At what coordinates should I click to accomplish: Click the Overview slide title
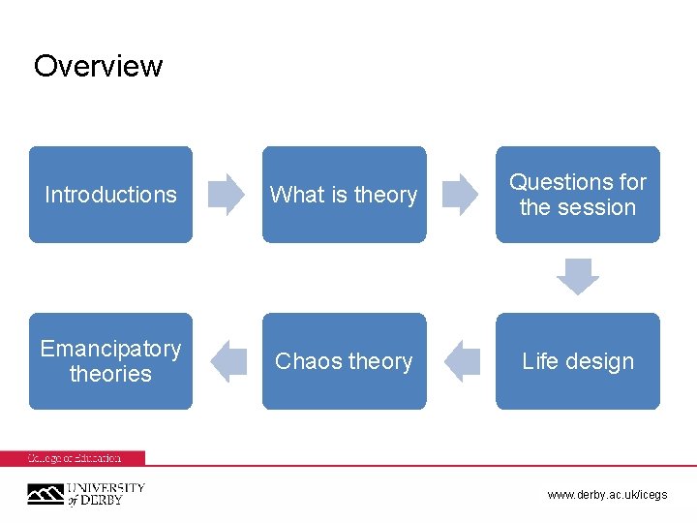[x=98, y=66]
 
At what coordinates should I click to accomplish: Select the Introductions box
[x=110, y=195]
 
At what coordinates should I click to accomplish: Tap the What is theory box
[x=344, y=195]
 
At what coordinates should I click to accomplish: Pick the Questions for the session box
[x=578, y=195]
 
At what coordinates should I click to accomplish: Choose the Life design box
[x=578, y=361]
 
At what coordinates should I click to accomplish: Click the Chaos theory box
[x=344, y=361]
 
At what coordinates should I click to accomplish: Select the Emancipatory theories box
[x=110, y=361]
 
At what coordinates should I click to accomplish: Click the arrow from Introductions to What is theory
[x=227, y=194]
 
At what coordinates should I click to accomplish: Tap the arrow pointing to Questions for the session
[x=461, y=194]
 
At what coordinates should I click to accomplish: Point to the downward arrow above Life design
[x=578, y=277]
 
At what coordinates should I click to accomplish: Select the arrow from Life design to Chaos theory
[x=462, y=361]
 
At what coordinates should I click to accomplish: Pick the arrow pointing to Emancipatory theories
[x=228, y=361]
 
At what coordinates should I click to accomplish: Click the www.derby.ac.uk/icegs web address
[x=607, y=495]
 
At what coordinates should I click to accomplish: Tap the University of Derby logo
[x=85, y=494]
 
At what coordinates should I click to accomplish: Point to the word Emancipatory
[x=110, y=349]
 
